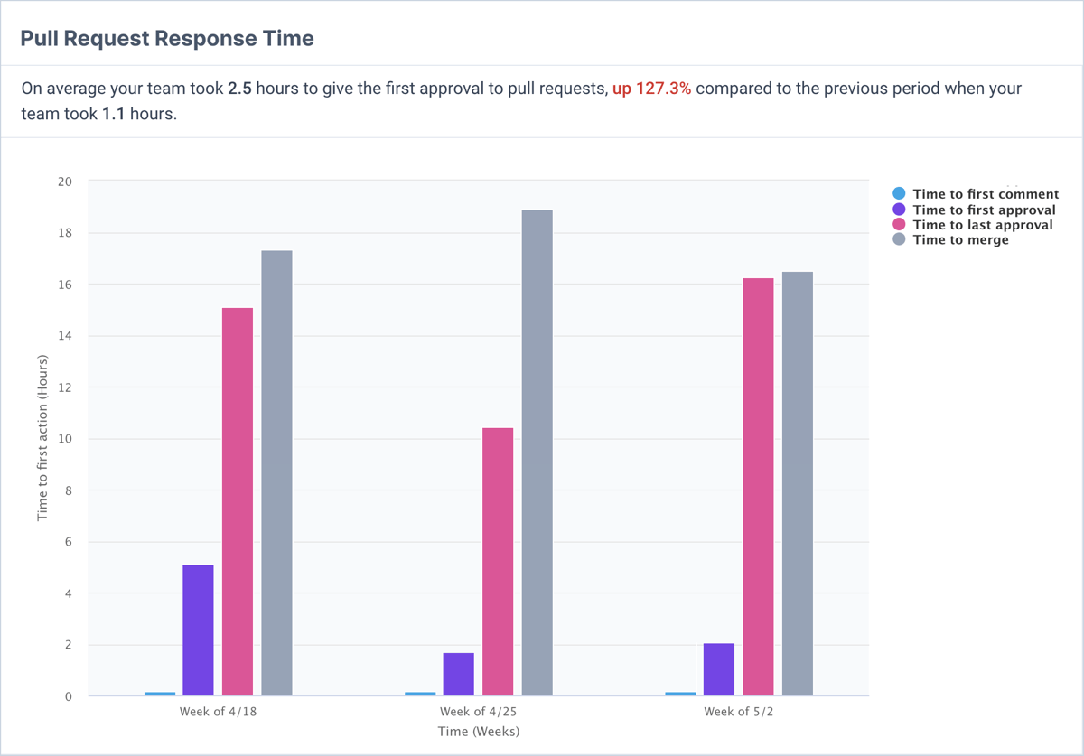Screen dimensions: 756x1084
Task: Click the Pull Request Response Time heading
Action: point(167,39)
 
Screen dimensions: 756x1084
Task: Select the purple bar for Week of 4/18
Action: point(199,630)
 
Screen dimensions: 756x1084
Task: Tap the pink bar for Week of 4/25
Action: point(498,562)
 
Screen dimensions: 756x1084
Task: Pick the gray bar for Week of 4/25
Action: point(537,453)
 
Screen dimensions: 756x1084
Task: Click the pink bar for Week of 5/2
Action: point(758,487)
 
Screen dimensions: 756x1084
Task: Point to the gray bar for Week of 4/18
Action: point(276,472)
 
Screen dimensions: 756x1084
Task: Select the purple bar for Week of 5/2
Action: point(719,669)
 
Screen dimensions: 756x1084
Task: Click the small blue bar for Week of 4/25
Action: point(420,694)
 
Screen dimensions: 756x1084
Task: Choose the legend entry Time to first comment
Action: point(986,194)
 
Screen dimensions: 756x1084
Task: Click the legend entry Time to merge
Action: point(960,240)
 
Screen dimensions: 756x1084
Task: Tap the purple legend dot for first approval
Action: point(899,210)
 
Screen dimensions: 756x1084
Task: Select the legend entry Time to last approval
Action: point(983,225)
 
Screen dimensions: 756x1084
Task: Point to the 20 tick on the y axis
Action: point(66,182)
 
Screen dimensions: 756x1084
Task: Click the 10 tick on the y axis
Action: point(66,440)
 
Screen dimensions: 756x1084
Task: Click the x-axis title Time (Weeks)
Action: point(479,732)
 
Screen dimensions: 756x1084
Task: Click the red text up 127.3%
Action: point(651,89)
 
